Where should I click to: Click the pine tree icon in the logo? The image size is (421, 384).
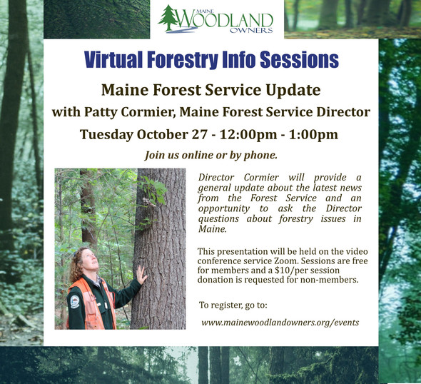click(x=169, y=19)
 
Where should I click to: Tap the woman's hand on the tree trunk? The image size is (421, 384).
click(x=141, y=274)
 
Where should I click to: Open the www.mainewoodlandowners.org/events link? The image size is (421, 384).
click(x=280, y=323)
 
